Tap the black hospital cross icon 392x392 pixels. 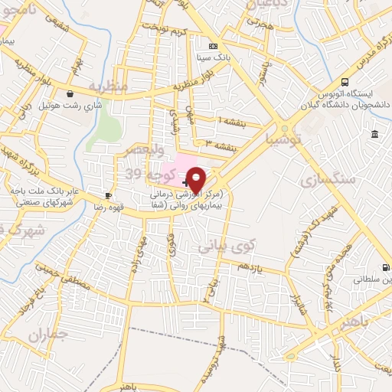tap(186, 183)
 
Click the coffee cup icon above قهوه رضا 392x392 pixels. tap(109, 195)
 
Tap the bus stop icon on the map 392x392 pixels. tap(345, 82)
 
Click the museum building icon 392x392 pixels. tap(374, 135)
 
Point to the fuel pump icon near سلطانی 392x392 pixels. tap(385, 267)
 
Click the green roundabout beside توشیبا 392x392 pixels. tap(286, 128)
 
